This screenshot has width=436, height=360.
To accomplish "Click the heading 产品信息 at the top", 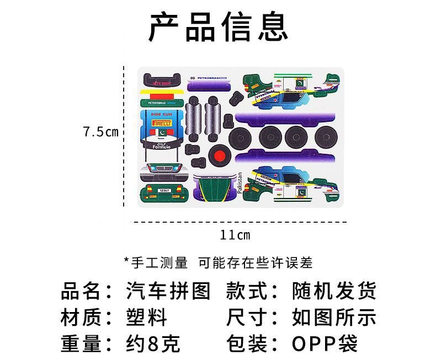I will (x=218, y=27).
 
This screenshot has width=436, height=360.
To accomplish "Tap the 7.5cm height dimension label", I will (x=101, y=132).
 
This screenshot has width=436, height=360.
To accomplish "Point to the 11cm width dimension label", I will (x=235, y=235).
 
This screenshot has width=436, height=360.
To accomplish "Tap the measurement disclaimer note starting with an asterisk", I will (x=218, y=262).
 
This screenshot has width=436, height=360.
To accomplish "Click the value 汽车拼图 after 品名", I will (x=168, y=290).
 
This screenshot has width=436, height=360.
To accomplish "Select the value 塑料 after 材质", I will (x=146, y=317).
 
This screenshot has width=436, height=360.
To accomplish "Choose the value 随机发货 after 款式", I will (x=334, y=290).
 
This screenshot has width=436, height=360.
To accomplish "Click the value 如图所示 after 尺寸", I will (x=334, y=317).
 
